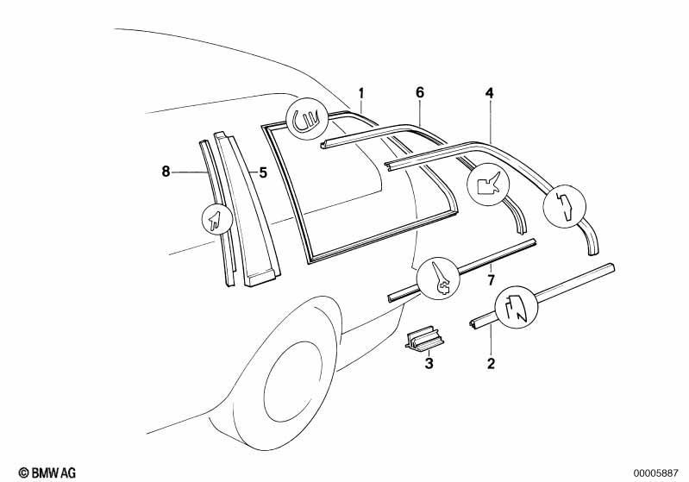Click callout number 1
(x=361, y=94)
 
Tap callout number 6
(x=420, y=93)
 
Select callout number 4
(x=490, y=93)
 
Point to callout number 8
(x=166, y=172)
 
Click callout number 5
(x=263, y=172)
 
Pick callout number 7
(x=492, y=279)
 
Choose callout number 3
(x=429, y=363)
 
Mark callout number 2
(x=491, y=363)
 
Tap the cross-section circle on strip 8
(x=216, y=219)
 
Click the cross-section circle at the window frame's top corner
(x=308, y=119)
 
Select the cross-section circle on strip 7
(x=438, y=279)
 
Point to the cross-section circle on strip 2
(x=517, y=307)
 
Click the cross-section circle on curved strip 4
(x=565, y=206)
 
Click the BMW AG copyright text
(x=47, y=473)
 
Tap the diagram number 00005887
(x=655, y=473)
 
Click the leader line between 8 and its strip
(x=189, y=172)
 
